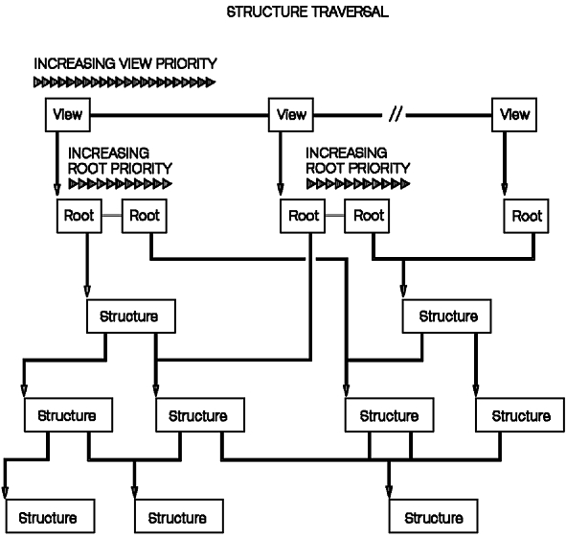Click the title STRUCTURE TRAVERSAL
coord(307,12)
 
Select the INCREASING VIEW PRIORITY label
coord(125,63)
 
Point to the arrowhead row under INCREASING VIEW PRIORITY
coord(125,82)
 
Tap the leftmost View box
coord(68,114)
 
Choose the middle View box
coord(291,114)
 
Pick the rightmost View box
coord(514,114)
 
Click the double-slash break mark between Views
coord(396,114)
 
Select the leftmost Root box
coord(79,216)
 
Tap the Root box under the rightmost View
coord(527,216)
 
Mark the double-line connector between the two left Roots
coord(112,216)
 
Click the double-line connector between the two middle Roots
coord(335,216)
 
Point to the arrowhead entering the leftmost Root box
coord(57,190)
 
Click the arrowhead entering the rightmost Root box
coord(505,190)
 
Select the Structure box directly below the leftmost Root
coord(131,316)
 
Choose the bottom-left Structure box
coord(51,517)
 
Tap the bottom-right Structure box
coord(434,517)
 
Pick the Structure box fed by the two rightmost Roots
coord(447,316)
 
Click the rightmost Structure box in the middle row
coord(520,415)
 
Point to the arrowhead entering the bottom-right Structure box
coord(389,492)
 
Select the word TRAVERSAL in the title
coord(351,12)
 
